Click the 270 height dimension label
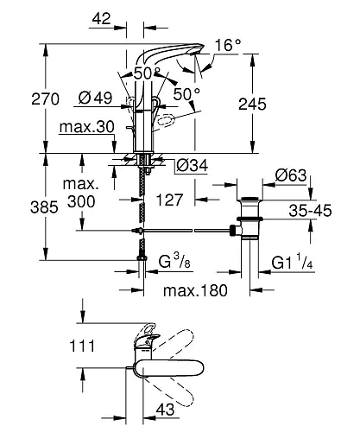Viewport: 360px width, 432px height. tap(46, 98)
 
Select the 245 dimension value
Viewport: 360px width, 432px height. tap(252, 104)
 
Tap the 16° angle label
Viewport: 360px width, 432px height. tap(228, 45)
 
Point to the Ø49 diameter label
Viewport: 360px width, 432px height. tap(95, 98)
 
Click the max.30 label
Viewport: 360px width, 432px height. tap(87, 127)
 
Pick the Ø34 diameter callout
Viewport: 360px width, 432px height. tap(193, 166)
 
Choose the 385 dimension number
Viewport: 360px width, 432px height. tap(44, 206)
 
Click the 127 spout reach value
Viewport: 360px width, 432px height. tap(169, 200)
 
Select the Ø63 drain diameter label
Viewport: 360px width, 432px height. tap(291, 175)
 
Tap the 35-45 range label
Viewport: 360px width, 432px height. tap(310, 211)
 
